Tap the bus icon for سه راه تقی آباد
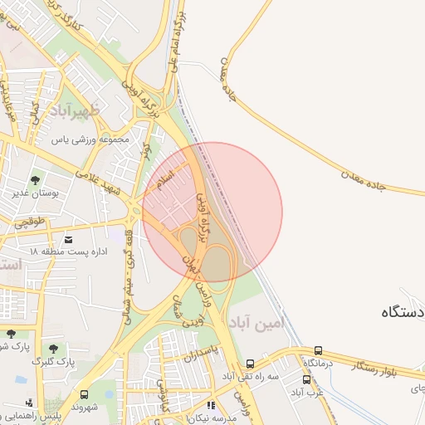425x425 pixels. pyautogui.click(x=250, y=364)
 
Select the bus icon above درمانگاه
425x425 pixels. pyautogui.click(x=319, y=350)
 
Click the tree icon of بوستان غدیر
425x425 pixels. pyautogui.click(x=35, y=180)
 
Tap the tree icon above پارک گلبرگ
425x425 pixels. pyautogui.click(x=54, y=349)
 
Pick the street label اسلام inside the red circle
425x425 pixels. pyautogui.click(x=166, y=179)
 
